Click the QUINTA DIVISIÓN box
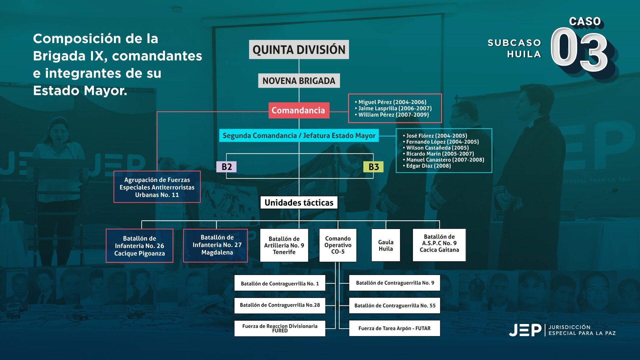pyautogui.click(x=299, y=50)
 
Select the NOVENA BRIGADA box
pyautogui.click(x=299, y=81)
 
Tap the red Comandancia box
pyautogui.click(x=299, y=110)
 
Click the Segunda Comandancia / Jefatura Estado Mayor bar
pyautogui.click(x=299, y=136)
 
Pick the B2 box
pyautogui.click(x=227, y=167)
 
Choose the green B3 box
pyautogui.click(x=373, y=167)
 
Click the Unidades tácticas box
pyautogui.click(x=299, y=203)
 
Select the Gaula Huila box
pyautogui.click(x=386, y=245)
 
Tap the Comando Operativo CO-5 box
pyautogui.click(x=338, y=245)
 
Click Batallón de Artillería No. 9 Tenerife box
pyautogui.click(x=284, y=245)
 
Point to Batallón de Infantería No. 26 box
pyautogui.click(x=139, y=246)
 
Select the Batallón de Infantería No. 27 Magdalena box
pyautogui.click(x=217, y=245)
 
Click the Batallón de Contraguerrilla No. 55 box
pyautogui.click(x=395, y=306)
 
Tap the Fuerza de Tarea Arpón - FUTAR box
pyautogui.click(x=394, y=328)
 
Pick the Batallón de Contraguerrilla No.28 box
pyautogui.click(x=280, y=305)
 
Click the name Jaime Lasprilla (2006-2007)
pyautogui.click(x=395, y=108)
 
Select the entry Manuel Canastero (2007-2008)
pyautogui.click(x=445, y=160)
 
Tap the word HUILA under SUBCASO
pyautogui.click(x=524, y=54)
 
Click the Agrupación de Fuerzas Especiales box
pyautogui.click(x=157, y=187)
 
